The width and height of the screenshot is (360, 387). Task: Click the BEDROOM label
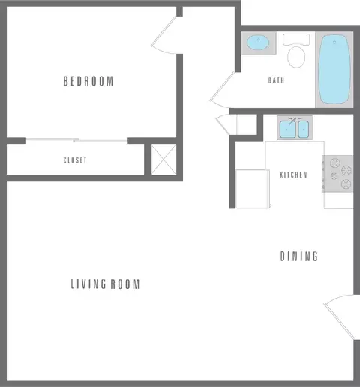click(x=88, y=81)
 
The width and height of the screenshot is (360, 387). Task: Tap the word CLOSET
click(x=75, y=160)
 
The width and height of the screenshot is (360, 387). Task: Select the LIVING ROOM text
click(x=106, y=284)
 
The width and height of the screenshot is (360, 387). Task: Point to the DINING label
click(x=299, y=256)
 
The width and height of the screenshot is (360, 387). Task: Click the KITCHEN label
click(x=293, y=175)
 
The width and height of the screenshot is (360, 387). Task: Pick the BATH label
click(x=276, y=80)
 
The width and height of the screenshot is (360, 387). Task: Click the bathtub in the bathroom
click(x=334, y=70)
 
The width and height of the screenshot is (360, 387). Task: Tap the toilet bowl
click(x=297, y=56)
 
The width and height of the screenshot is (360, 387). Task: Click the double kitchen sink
click(x=293, y=130)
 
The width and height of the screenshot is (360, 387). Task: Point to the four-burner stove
click(x=338, y=173)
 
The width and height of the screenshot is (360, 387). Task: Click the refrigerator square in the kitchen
click(x=252, y=189)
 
